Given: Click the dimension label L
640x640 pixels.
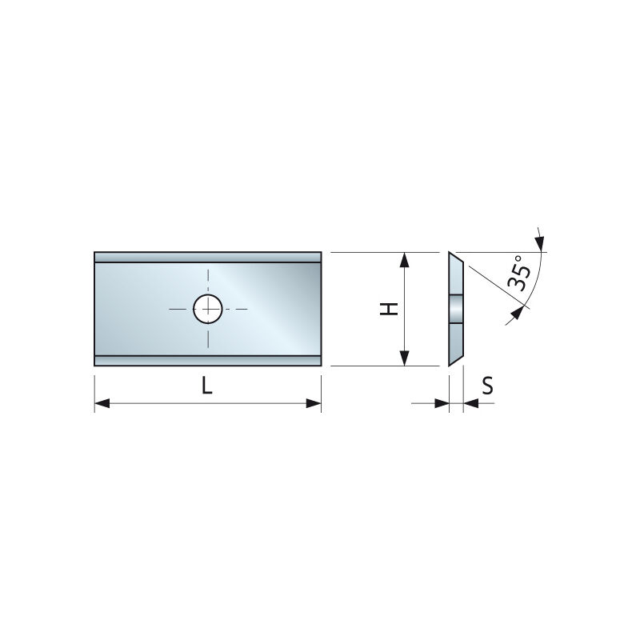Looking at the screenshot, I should click(x=206, y=386).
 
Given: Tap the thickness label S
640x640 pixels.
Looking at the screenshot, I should click(x=487, y=386).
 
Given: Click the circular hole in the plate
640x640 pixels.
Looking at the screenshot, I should click(x=208, y=308).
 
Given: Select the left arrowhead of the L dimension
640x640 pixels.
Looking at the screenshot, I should click(x=102, y=405).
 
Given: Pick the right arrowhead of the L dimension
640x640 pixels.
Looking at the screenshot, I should click(x=314, y=405).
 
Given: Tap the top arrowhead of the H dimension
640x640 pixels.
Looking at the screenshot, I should click(x=405, y=260).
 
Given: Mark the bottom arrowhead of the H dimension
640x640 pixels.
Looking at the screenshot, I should click(x=405, y=358).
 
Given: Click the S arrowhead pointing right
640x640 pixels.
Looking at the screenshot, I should click(x=442, y=404).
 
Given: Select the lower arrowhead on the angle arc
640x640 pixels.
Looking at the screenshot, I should click(x=519, y=314).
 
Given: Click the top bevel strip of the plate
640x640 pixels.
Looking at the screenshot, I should click(x=208, y=257).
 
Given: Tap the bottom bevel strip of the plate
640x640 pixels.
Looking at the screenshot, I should click(x=208, y=360).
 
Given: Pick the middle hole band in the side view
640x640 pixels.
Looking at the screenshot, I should click(x=456, y=309).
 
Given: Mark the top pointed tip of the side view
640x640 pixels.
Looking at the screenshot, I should click(x=450, y=254).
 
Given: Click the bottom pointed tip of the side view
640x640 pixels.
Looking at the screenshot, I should click(x=450, y=364).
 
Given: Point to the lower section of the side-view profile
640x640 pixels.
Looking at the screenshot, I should click(x=455, y=340).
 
